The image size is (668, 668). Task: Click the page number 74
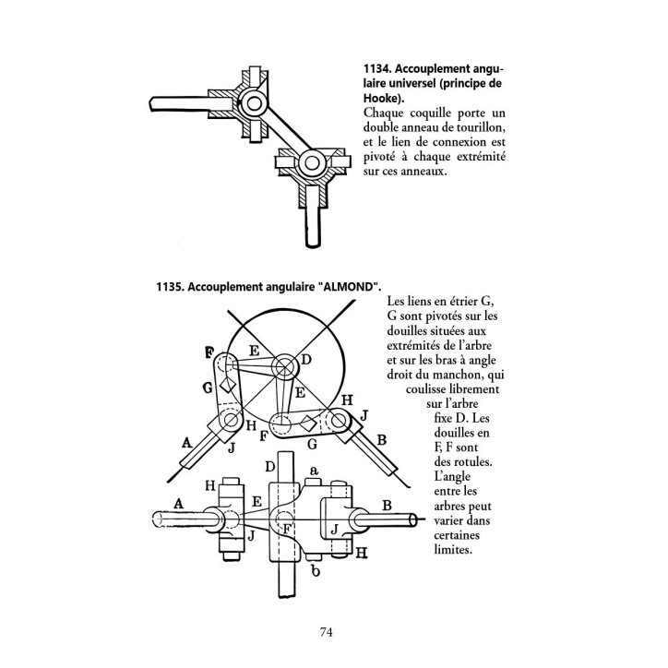tap(326, 632)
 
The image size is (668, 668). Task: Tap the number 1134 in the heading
tap(377, 69)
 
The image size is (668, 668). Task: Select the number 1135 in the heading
tap(170, 287)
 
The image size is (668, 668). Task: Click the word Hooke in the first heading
tap(381, 99)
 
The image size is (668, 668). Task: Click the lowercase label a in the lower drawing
tap(314, 471)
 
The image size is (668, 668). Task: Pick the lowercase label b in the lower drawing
tap(316, 571)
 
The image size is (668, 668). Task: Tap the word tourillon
tap(481, 128)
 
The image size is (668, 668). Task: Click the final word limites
tap(453, 550)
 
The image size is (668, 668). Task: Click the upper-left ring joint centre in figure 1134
tap(254, 103)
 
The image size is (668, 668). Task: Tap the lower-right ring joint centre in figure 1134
tap(312, 162)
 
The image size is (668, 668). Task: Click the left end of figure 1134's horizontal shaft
tap(151, 104)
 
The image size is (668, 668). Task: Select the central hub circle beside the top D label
tap(285, 367)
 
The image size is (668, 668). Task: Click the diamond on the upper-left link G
tap(228, 385)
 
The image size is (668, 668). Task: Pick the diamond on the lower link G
tap(307, 423)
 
